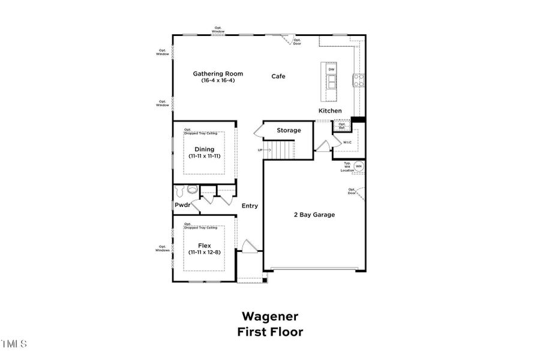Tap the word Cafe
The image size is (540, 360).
point(278,76)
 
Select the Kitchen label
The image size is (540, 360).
point(330,111)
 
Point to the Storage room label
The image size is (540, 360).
point(289,130)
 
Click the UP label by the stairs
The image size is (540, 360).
point(260,150)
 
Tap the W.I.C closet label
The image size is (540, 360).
point(347,142)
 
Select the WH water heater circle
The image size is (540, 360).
point(359,166)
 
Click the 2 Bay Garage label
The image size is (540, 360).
point(314,215)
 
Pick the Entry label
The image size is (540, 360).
point(250,206)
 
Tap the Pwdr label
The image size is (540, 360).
point(182,205)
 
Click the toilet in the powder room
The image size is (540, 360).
point(192,190)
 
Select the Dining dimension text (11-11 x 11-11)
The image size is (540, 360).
point(205,156)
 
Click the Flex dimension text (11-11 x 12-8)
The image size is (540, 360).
point(205,252)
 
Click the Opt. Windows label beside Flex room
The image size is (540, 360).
point(162,248)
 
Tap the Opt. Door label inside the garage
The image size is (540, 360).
point(352,191)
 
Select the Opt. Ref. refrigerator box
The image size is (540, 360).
point(342,125)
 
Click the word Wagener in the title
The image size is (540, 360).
point(270,316)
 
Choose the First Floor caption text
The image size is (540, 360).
point(270,331)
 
